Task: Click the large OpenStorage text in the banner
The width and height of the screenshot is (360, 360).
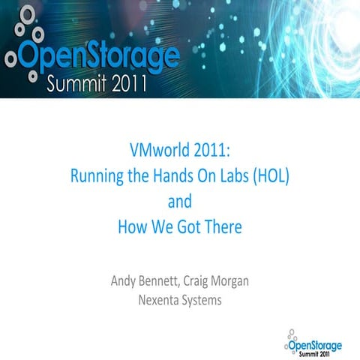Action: [x=100, y=56]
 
